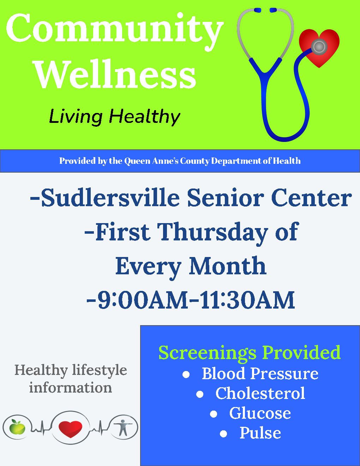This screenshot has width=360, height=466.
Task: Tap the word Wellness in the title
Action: pos(116,74)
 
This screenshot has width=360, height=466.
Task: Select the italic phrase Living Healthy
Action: pos(114,117)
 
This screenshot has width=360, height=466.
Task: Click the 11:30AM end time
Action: pos(247,300)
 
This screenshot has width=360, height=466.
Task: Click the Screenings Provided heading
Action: pos(250,352)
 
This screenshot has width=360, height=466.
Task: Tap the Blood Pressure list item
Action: pos(260,374)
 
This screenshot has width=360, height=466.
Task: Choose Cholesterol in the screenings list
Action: pos(260,393)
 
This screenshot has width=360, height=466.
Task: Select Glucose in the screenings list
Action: pos(260,413)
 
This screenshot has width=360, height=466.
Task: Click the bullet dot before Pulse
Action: pos(223,434)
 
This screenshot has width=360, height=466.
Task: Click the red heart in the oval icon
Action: pos(70,429)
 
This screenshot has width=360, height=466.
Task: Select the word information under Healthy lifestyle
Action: pos(70,388)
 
